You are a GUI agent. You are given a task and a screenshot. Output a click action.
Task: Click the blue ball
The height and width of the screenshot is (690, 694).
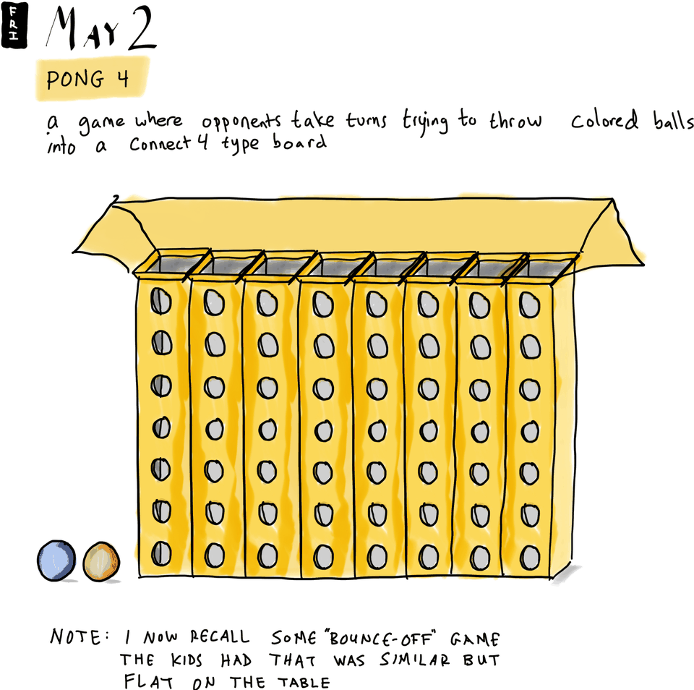pos(57,560)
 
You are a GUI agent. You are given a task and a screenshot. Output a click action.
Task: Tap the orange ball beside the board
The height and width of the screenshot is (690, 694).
pos(101,561)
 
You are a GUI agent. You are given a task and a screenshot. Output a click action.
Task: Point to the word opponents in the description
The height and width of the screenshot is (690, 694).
pos(241,122)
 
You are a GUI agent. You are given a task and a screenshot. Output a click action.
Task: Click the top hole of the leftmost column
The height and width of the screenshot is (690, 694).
pos(160,301)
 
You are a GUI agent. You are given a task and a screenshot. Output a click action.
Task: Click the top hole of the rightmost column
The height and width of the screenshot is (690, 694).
pos(531,306)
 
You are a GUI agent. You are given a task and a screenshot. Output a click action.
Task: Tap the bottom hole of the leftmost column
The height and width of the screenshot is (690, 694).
pos(160,555)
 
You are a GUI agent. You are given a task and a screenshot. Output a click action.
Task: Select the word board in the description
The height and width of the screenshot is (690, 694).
pos(299,142)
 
